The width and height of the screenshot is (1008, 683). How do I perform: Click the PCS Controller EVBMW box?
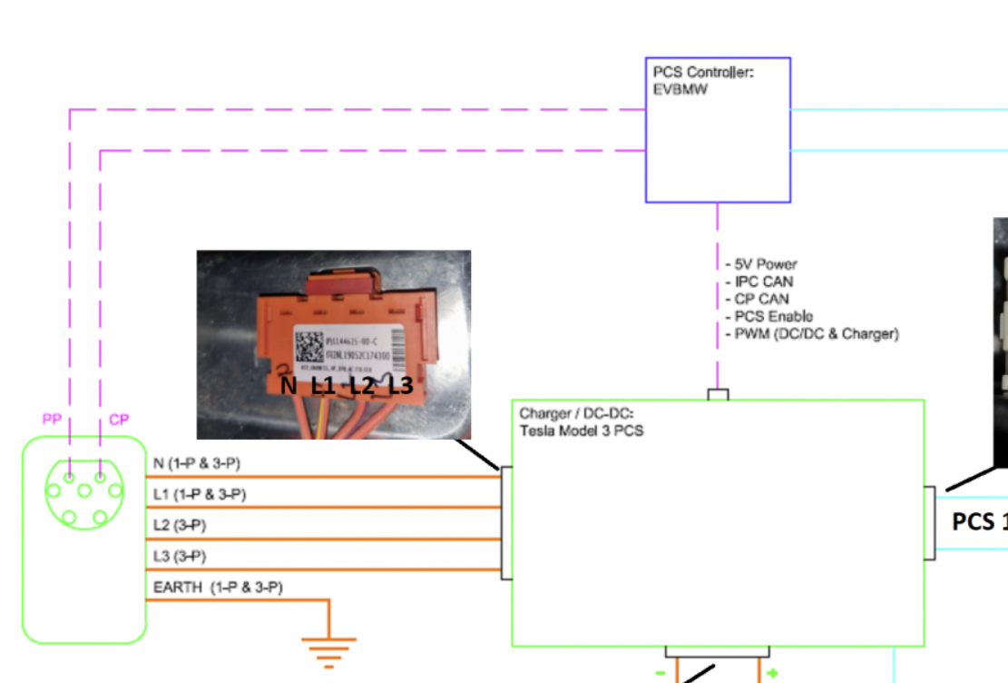tap(718, 130)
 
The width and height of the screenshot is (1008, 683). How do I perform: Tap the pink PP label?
tap(53, 420)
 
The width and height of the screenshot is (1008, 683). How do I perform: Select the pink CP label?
tap(119, 420)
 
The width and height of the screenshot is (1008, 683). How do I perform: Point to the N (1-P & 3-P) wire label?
tap(197, 464)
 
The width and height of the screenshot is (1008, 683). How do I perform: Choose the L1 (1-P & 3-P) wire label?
tap(200, 495)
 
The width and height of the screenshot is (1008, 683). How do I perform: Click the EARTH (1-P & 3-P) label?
tap(218, 588)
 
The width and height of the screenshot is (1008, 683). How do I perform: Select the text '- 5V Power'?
tap(761, 264)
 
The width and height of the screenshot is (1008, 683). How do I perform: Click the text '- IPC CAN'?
tap(759, 282)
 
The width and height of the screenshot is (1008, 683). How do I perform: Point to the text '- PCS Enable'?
tap(768, 316)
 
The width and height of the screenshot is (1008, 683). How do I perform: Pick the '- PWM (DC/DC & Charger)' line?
tap(812, 333)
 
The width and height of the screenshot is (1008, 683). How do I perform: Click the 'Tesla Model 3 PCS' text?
tap(582, 431)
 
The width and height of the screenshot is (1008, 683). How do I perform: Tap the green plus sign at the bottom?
tap(771, 673)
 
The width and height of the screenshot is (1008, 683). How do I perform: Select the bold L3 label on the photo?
tap(401, 386)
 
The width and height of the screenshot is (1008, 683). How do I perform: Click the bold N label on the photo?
tap(289, 386)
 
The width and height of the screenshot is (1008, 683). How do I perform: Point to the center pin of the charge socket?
tap(84, 491)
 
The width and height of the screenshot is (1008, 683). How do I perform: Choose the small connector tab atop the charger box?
tap(718, 395)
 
